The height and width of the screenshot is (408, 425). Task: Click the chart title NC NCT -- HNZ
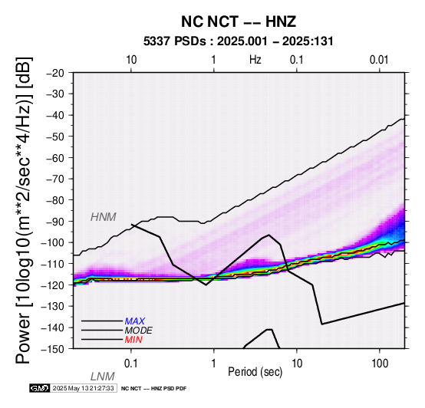tap(239, 21)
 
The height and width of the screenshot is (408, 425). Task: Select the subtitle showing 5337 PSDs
tap(239, 41)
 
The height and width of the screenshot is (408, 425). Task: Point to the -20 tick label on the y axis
tap(55, 73)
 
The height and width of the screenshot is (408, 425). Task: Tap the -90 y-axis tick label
tap(55, 222)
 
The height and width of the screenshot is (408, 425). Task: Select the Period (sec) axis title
tap(255, 372)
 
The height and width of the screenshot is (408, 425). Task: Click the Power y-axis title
tap(24, 210)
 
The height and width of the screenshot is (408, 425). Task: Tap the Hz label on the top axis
tap(255, 59)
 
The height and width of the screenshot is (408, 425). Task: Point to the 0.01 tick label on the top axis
tap(379, 59)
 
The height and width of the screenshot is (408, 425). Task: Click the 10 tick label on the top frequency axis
tap(131, 59)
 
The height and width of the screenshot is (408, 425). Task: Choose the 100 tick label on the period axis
tap(380, 364)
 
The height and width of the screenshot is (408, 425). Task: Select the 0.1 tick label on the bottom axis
tap(131, 364)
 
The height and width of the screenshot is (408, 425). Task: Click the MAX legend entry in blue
tap(135, 321)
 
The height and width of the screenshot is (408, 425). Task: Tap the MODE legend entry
tap(139, 331)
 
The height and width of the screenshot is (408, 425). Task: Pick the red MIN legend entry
tap(133, 340)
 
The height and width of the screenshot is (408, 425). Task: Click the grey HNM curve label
tap(104, 217)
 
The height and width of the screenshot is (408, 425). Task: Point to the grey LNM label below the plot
tap(103, 377)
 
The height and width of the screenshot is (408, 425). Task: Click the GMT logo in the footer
tap(40, 388)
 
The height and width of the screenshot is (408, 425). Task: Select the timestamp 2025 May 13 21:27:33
tap(83, 388)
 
